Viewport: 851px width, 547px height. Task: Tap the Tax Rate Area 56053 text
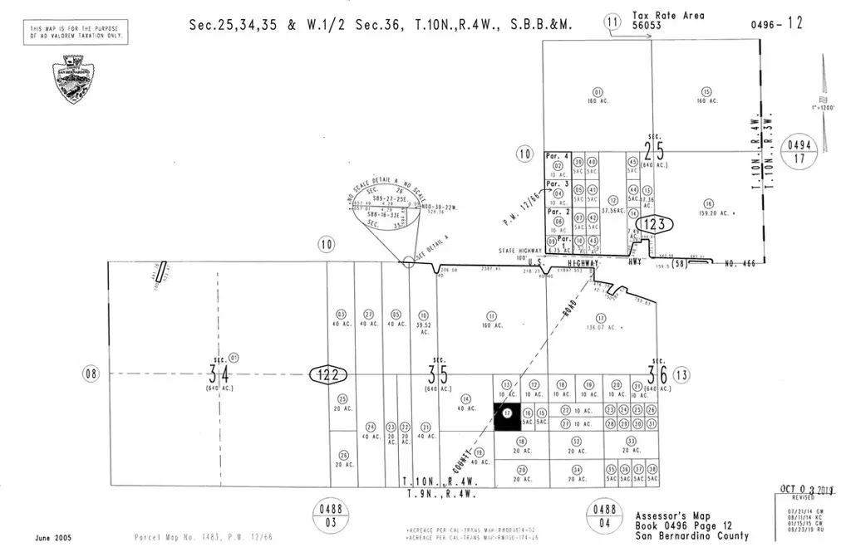coord(657,20)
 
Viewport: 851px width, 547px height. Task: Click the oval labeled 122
coord(328,374)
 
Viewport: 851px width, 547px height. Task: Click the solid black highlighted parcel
coord(506,417)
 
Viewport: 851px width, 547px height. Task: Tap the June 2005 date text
coord(53,538)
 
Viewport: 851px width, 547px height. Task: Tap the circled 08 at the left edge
coord(91,374)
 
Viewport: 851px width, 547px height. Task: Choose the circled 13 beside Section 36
coord(683,374)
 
